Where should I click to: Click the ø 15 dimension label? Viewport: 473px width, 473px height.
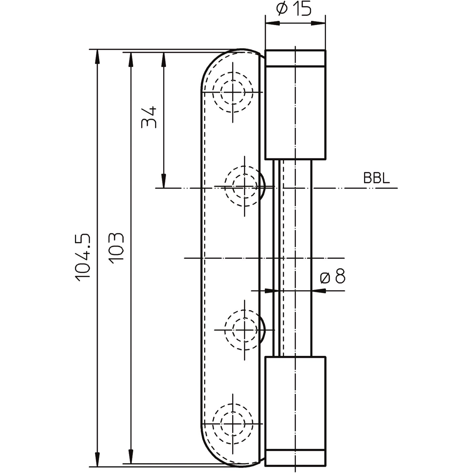(294, 9)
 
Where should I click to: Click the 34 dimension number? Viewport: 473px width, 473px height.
(149, 117)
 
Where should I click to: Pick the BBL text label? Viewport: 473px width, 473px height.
(376, 178)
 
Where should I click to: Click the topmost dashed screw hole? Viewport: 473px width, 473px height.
(233, 92)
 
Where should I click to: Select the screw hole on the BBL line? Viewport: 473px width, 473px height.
(245, 187)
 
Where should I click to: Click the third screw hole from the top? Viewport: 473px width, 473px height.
(245, 330)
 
